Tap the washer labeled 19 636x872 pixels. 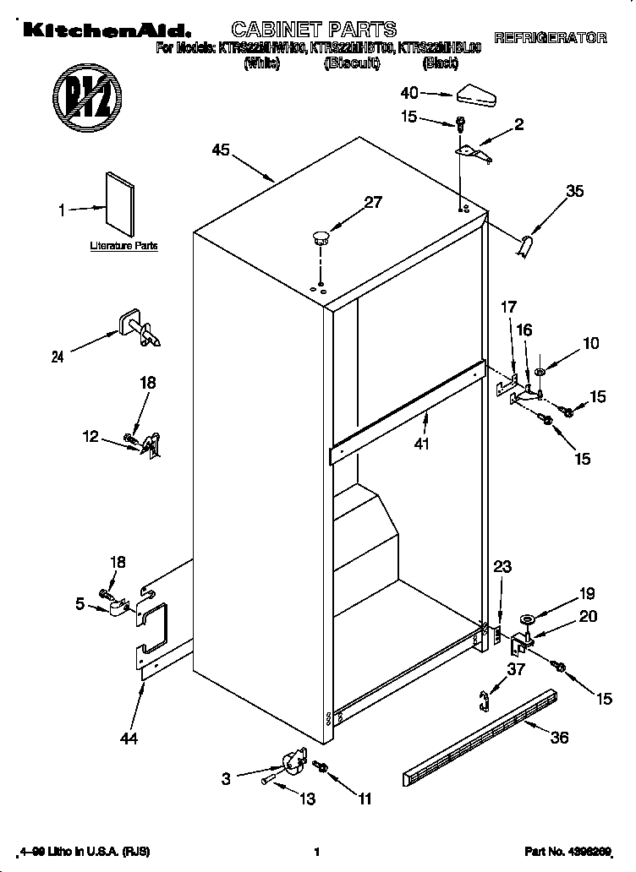point(528,622)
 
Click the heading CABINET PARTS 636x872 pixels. point(302,30)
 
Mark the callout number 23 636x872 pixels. point(502,567)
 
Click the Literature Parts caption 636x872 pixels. point(123,246)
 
